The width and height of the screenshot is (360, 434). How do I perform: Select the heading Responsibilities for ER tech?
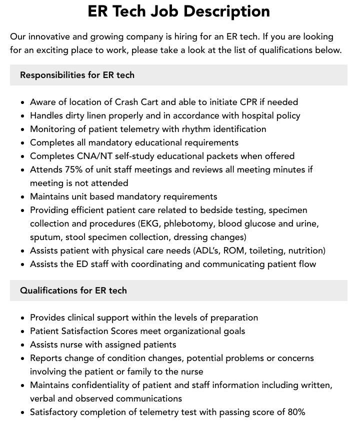point(77,75)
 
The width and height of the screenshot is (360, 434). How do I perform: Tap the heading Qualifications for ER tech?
point(73,290)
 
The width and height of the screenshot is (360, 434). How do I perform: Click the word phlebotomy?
point(188,223)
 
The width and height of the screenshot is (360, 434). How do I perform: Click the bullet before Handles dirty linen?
point(23,116)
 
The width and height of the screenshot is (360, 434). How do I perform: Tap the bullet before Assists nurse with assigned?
point(23,345)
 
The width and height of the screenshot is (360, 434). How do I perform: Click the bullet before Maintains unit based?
point(23,197)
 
